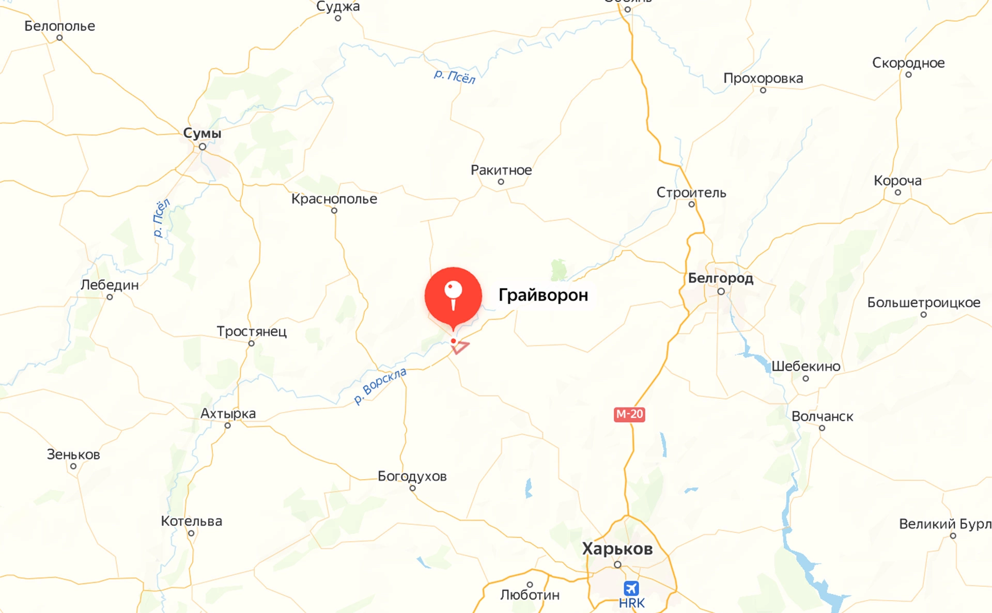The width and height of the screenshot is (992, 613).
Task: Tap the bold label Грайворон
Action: tap(543, 295)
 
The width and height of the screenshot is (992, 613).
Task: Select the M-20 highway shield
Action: tap(629, 414)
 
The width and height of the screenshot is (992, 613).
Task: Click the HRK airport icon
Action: tap(631, 588)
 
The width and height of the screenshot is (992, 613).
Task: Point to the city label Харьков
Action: tap(617, 548)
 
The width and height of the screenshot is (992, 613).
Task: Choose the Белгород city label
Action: tap(720, 278)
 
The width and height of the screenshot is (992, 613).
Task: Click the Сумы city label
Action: tap(202, 133)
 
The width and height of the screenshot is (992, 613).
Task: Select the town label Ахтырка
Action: tap(228, 414)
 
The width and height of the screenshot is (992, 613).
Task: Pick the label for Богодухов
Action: tap(412, 476)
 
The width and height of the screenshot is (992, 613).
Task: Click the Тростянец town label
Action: tap(251, 331)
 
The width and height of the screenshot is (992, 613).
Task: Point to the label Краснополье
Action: tap(334, 199)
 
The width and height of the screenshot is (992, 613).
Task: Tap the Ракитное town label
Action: tap(501, 170)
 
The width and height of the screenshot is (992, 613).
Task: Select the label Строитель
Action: tap(691, 193)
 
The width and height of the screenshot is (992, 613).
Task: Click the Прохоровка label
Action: tap(763, 78)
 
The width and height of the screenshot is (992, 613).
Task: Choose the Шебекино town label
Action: tap(805, 367)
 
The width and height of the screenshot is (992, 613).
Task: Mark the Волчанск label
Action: tap(822, 416)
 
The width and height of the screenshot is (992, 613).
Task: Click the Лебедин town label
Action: tap(110, 285)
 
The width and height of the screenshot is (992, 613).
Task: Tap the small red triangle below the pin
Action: tap(460, 348)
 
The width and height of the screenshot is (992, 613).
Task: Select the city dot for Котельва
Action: tap(191, 533)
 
